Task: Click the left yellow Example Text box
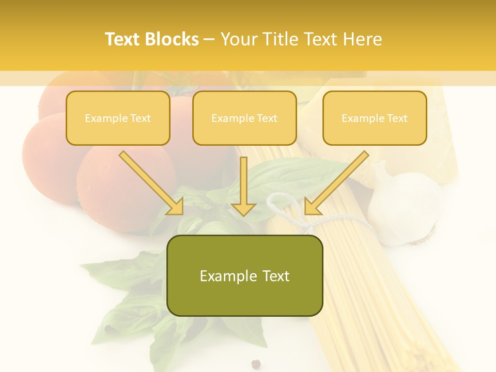click(118, 118)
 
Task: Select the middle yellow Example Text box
click(244, 118)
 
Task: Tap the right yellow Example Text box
click(375, 118)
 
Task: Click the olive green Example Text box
click(244, 275)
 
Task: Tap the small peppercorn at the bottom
click(255, 364)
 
